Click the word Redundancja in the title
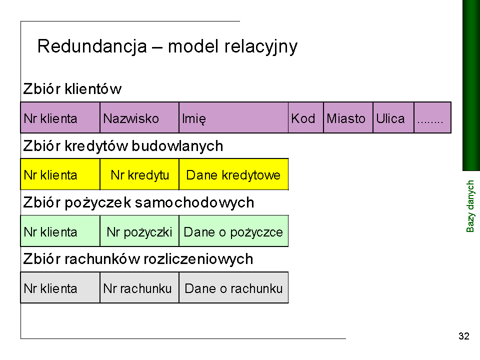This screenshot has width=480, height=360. point(92,46)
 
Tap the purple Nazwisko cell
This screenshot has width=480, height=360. point(139,117)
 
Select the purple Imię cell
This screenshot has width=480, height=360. point(233,117)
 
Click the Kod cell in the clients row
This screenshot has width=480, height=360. point(306,117)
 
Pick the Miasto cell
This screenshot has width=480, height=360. point(348,117)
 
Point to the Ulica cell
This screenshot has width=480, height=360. point(393,117)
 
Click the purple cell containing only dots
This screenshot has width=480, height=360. point(432,117)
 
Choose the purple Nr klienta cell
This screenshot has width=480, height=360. point(60,117)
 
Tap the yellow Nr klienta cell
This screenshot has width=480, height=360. point(60,174)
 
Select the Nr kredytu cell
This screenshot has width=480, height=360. point(139,174)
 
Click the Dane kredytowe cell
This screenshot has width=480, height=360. point(233,174)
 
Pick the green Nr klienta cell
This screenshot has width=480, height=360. point(60,231)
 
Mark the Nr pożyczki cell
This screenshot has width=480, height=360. point(139,231)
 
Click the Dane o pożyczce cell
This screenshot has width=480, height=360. point(233,231)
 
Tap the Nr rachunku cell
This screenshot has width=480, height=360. point(139,287)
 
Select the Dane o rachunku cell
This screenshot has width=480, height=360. point(233,287)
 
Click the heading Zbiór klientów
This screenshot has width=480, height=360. point(72,89)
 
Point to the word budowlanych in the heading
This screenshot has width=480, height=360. point(177,146)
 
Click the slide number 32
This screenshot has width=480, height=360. point(464,336)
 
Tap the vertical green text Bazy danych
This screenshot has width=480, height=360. point(470,206)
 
